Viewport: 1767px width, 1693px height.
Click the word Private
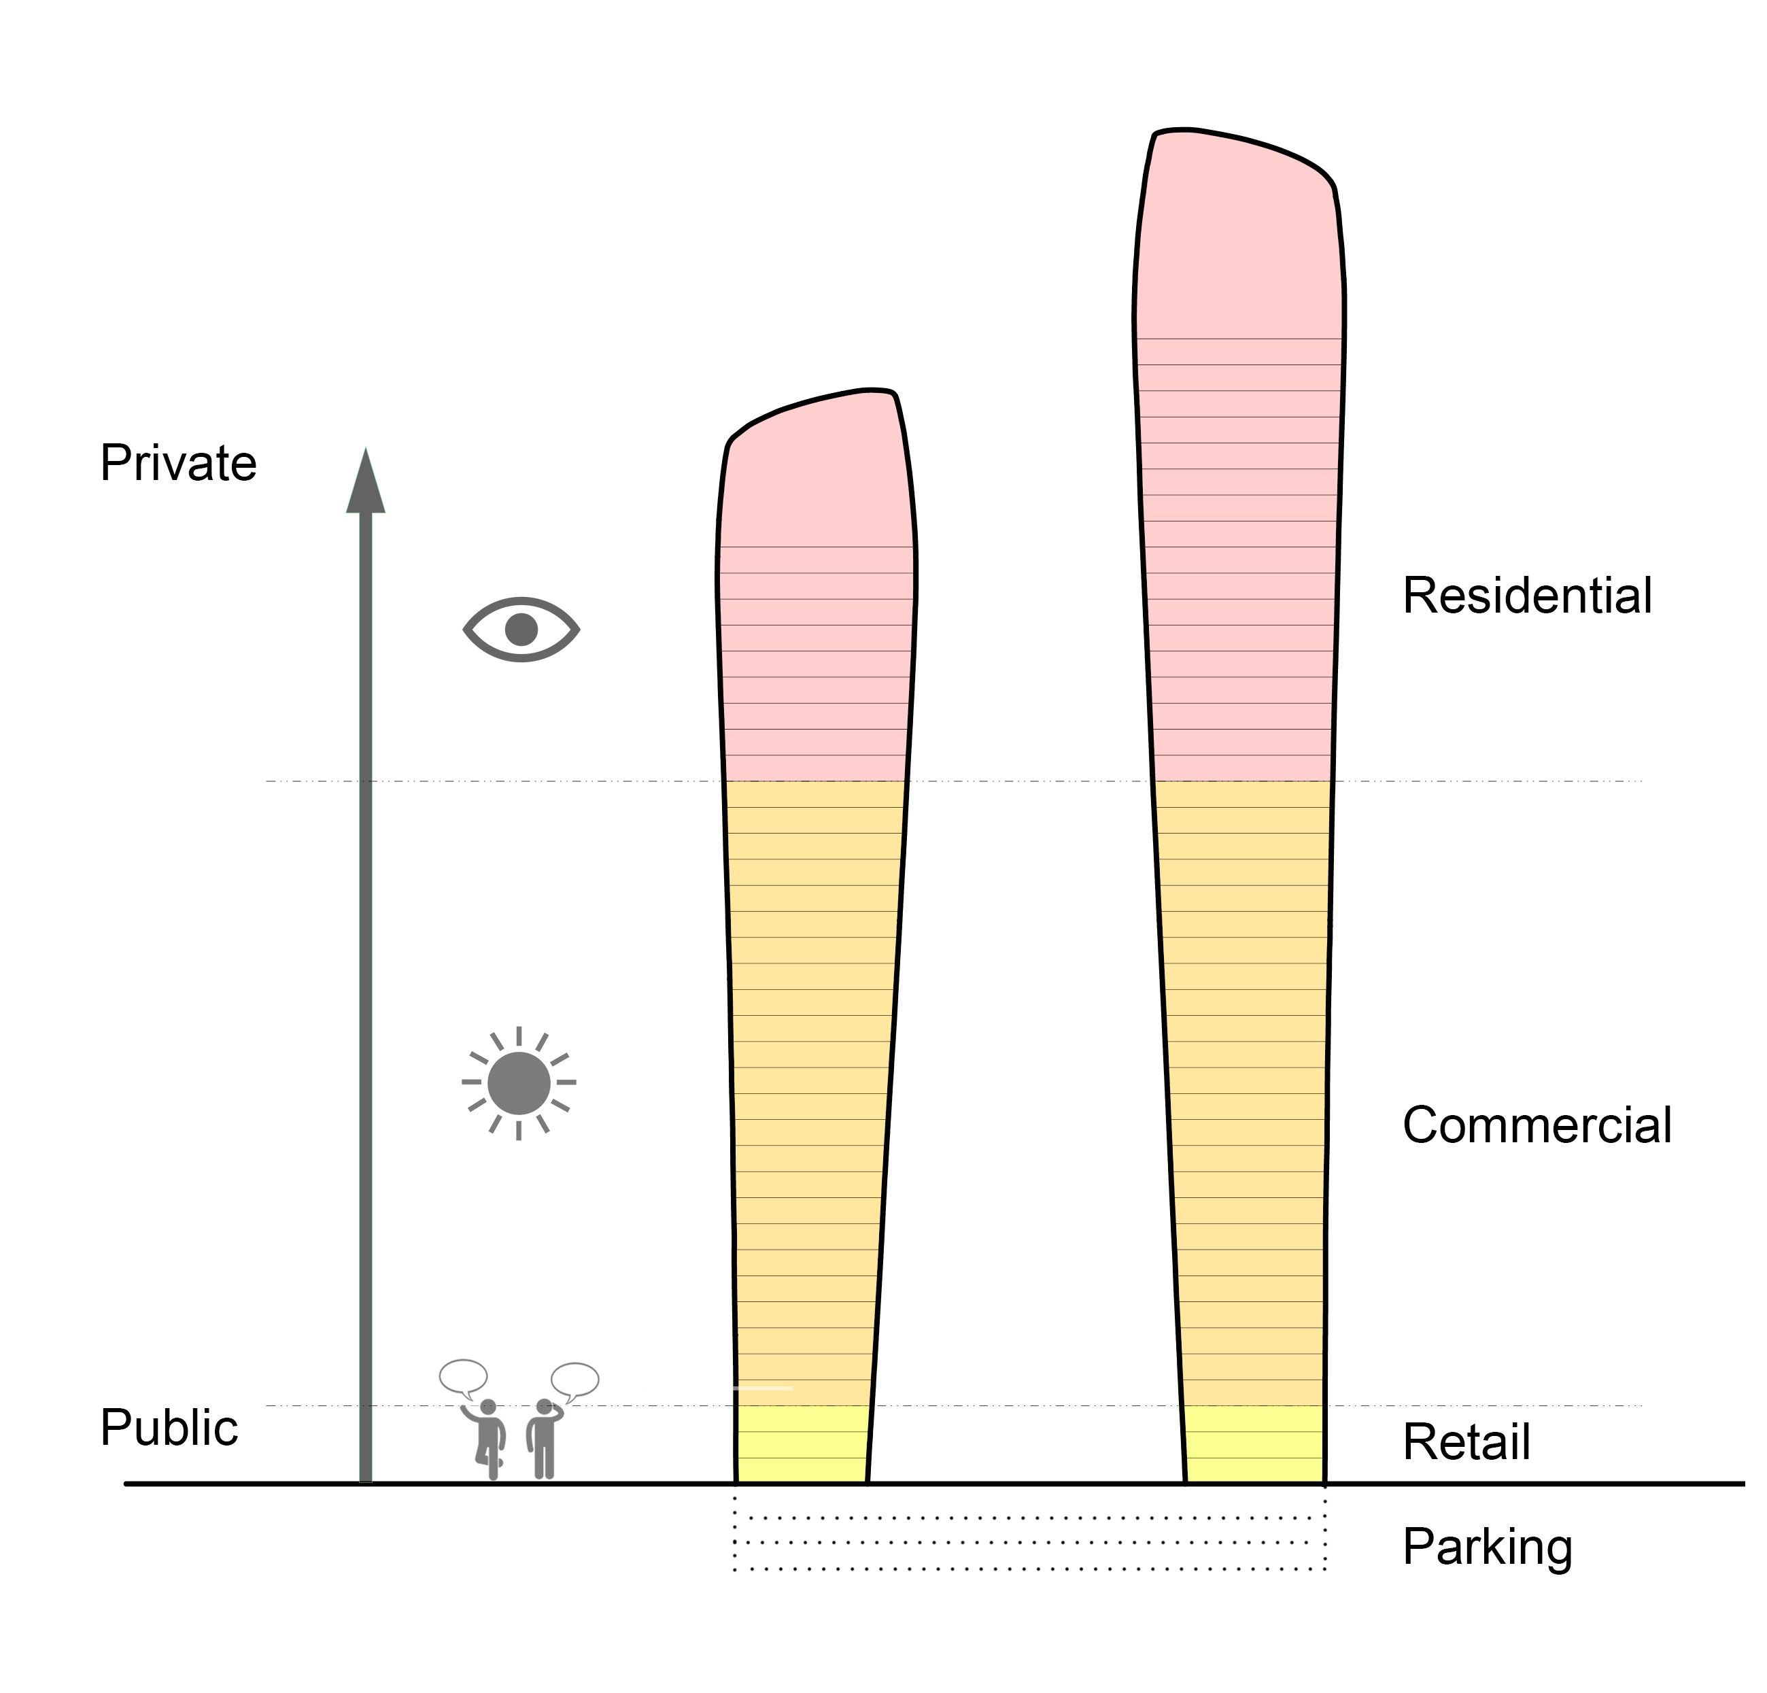click(179, 464)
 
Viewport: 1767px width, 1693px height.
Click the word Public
click(169, 1428)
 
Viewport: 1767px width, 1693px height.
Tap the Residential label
click(1527, 596)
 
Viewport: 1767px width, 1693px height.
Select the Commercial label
click(1537, 1125)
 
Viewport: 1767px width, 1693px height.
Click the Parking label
click(1488, 1548)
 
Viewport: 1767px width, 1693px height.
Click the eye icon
click(521, 629)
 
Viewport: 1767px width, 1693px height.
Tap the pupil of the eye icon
click(521, 629)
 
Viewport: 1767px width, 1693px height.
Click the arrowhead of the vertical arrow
click(366, 482)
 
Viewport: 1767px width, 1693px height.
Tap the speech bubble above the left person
click(464, 1377)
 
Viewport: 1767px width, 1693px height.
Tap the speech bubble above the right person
click(575, 1380)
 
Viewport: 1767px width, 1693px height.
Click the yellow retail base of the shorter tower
click(802, 1444)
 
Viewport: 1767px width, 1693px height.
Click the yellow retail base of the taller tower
click(1254, 1444)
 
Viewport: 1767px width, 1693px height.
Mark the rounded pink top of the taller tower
click(1239, 235)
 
